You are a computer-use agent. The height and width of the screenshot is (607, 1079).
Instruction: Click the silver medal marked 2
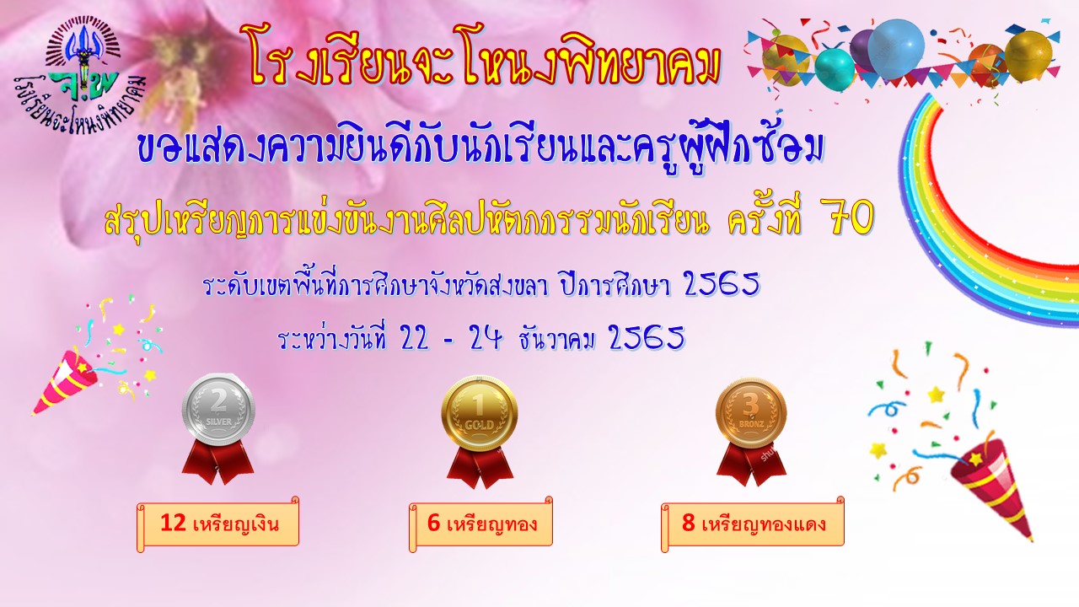(218, 411)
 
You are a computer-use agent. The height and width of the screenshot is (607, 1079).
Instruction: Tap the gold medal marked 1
(480, 412)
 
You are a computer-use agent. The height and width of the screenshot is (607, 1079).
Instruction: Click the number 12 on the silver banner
(174, 524)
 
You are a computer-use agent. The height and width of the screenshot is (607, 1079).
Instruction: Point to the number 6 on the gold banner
(433, 524)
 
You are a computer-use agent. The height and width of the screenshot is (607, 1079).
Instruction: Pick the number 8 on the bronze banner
(689, 524)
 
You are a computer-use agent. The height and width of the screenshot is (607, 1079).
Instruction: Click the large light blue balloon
(896, 48)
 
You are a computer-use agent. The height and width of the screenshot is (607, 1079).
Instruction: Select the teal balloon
(835, 69)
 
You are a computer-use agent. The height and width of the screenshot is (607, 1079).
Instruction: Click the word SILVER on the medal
(218, 422)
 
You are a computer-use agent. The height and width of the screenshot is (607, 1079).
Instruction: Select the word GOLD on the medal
(480, 425)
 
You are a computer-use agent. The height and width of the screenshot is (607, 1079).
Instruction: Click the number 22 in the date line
(415, 339)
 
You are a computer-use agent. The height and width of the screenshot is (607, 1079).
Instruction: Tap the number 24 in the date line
(486, 339)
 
